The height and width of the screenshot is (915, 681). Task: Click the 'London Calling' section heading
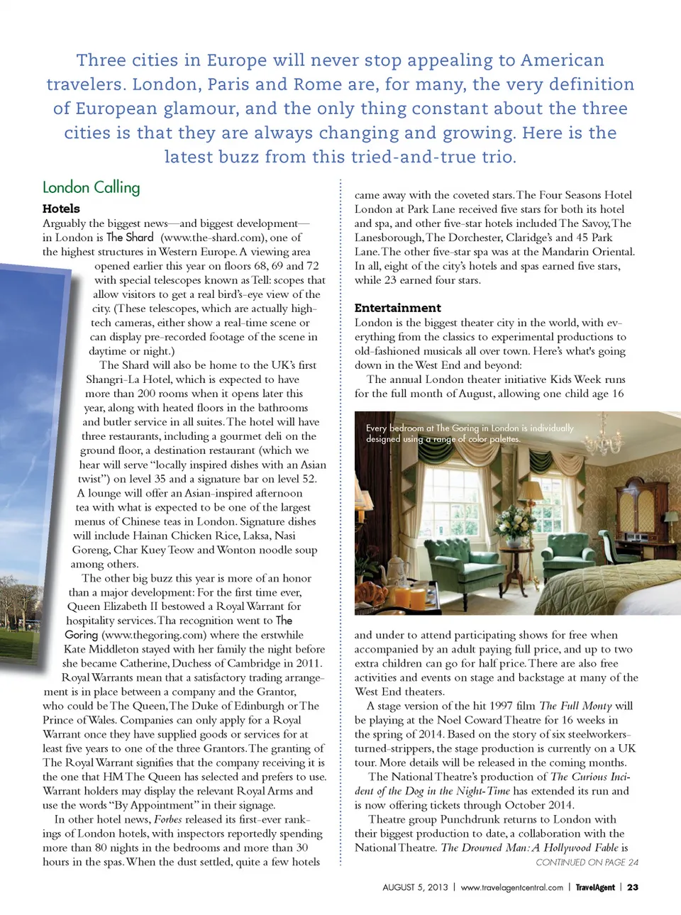click(92, 187)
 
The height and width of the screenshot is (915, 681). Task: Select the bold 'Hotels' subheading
click(61, 209)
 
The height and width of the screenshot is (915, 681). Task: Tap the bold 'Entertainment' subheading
click(397, 308)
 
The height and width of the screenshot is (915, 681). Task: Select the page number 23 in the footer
click(632, 887)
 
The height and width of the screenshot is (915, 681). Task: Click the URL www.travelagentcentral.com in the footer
click(511, 887)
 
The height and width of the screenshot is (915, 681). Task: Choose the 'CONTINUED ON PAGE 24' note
click(587, 863)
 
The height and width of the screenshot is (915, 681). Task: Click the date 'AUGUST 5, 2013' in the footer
click(415, 887)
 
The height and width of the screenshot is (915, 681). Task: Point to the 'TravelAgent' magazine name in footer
click(594, 887)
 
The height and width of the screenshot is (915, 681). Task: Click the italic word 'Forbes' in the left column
click(168, 819)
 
